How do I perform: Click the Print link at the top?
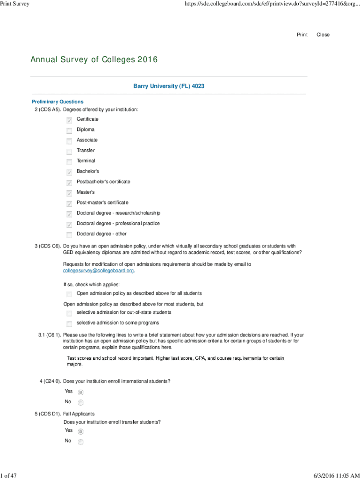302,35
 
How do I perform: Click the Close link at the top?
323,35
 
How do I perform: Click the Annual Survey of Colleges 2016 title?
94,60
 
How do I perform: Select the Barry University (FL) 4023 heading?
169,86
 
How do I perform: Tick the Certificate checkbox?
69,120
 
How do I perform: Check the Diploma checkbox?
69,130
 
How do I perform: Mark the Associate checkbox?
69,140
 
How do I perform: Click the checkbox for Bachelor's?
69,172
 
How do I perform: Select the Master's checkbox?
69,193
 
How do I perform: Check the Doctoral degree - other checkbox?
69,234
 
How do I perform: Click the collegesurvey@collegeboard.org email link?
99,271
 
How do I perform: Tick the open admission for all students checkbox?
69,294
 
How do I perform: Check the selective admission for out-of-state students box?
69,312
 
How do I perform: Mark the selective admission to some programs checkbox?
69,323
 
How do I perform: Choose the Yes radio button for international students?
80,392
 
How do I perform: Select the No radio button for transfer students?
80,442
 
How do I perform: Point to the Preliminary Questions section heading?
58,102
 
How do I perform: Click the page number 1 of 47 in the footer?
9,476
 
